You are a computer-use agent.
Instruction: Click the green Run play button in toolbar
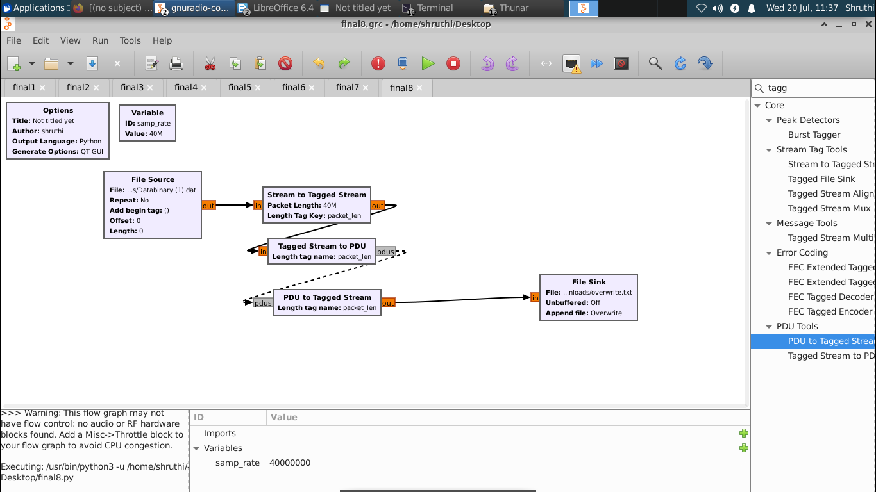(x=428, y=63)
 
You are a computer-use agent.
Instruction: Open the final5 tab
(x=240, y=88)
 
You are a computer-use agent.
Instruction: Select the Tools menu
(x=130, y=40)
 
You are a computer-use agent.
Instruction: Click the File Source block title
(x=153, y=179)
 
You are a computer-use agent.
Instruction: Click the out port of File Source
(x=208, y=206)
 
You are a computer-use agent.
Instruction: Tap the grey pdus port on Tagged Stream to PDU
(x=385, y=252)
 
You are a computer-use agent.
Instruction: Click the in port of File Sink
(x=535, y=297)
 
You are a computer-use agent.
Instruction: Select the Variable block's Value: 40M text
(x=147, y=133)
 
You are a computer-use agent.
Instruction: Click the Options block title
(x=58, y=110)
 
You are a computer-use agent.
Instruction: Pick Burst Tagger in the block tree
(x=814, y=135)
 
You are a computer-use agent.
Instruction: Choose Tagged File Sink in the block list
(x=821, y=179)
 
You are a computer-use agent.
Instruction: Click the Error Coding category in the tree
(x=802, y=252)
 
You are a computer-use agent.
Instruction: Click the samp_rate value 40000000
(x=290, y=463)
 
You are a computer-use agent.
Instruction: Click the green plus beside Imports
(x=744, y=433)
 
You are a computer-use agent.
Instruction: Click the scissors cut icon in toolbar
(x=210, y=63)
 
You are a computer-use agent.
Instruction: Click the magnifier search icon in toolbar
(x=655, y=63)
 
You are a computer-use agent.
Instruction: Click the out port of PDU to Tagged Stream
(x=388, y=303)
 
